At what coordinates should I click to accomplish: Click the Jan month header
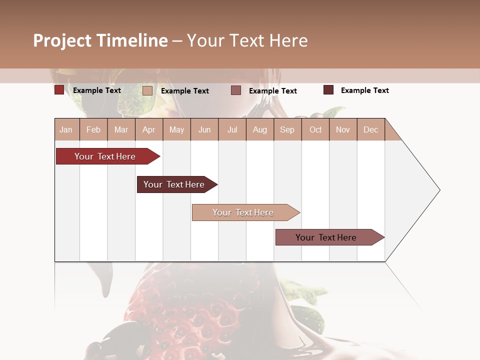[66, 129]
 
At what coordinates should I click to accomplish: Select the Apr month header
[148, 129]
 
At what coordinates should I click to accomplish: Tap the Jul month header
[232, 129]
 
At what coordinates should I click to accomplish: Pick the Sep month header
[287, 129]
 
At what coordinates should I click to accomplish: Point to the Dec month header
[370, 129]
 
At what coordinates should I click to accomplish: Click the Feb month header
[93, 129]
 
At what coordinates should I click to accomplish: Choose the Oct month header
[315, 129]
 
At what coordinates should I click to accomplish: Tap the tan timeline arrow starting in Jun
[244, 212]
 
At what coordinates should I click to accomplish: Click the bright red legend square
[59, 90]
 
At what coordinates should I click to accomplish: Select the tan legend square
[147, 90]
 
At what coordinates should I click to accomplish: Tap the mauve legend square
[236, 90]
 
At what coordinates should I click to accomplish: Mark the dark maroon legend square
[328, 90]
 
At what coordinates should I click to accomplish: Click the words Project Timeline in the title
[100, 40]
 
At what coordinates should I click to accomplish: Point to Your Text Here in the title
[247, 40]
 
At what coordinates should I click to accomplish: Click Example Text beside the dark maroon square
[364, 90]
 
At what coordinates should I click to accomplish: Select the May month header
[176, 129]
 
